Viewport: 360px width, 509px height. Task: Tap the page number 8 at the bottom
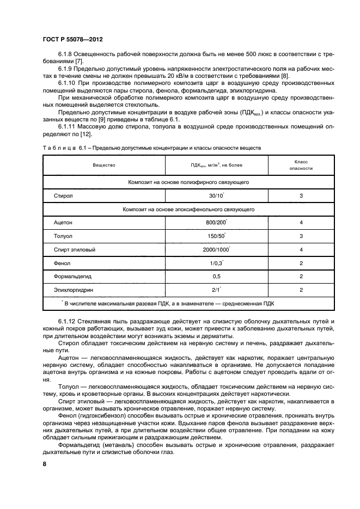(45, 464)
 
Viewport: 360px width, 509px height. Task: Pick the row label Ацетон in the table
(63, 223)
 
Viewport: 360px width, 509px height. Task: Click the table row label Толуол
(63, 237)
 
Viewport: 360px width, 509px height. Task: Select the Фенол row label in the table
(62, 263)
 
